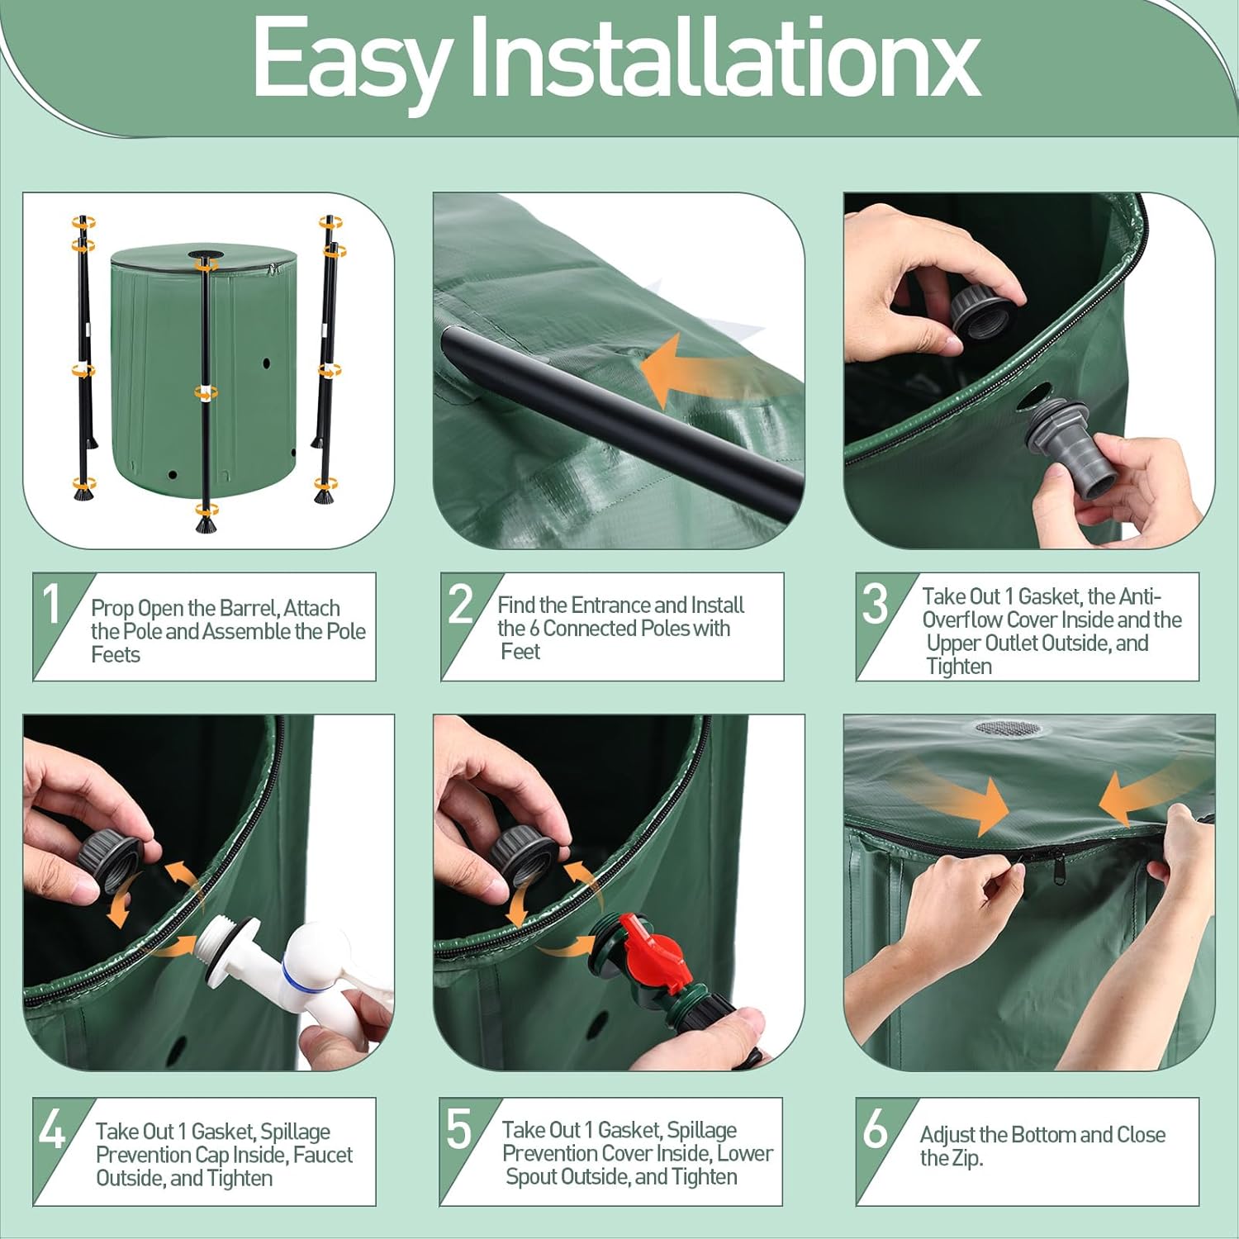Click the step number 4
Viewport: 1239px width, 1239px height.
coord(51,1129)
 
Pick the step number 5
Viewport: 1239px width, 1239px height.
coord(458,1129)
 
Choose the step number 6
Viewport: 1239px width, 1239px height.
coord(875,1129)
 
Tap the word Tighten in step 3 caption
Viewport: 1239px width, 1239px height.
coord(958,667)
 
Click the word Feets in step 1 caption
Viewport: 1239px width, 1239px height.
coord(116,655)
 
